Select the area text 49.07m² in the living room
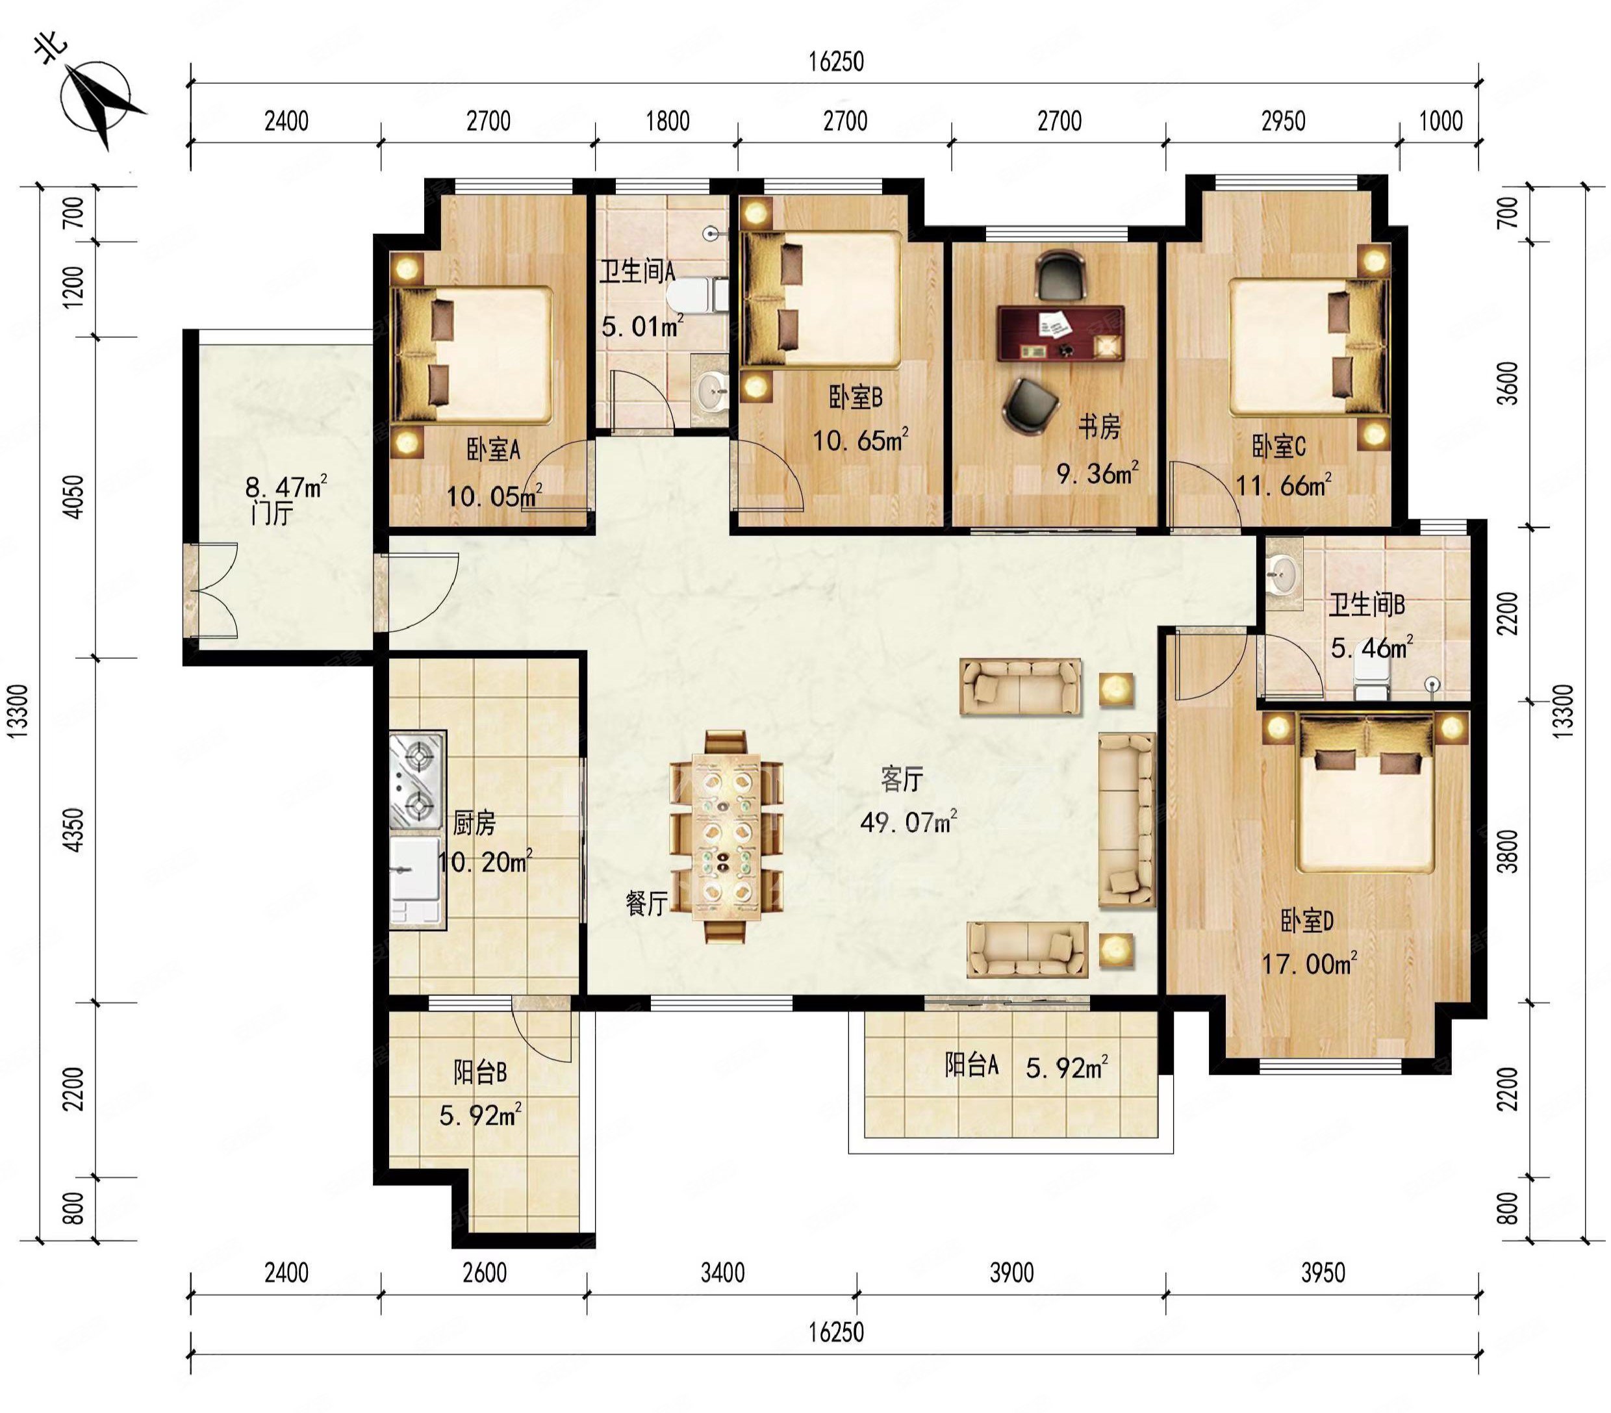(908, 822)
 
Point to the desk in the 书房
(1061, 333)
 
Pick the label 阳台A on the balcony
(972, 1065)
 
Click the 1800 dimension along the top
(668, 121)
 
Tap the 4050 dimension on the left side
(73, 496)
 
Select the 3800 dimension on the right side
(1507, 851)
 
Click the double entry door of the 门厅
(211, 589)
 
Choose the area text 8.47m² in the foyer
(285, 488)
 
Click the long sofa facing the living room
(1126, 820)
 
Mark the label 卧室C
(1279, 447)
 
